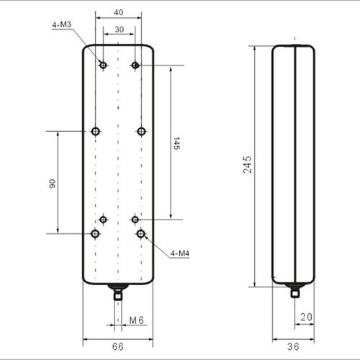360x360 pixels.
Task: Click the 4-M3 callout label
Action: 62,24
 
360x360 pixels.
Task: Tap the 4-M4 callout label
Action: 180,253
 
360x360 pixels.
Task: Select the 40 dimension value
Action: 119,12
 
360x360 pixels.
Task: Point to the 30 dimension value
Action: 120,30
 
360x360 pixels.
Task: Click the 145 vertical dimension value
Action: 176,143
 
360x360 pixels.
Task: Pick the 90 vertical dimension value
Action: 52,184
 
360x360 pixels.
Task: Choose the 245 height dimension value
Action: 247,165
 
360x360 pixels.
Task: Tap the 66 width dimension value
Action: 118,346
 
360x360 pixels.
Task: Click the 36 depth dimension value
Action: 293,346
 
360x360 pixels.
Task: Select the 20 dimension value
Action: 307,318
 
